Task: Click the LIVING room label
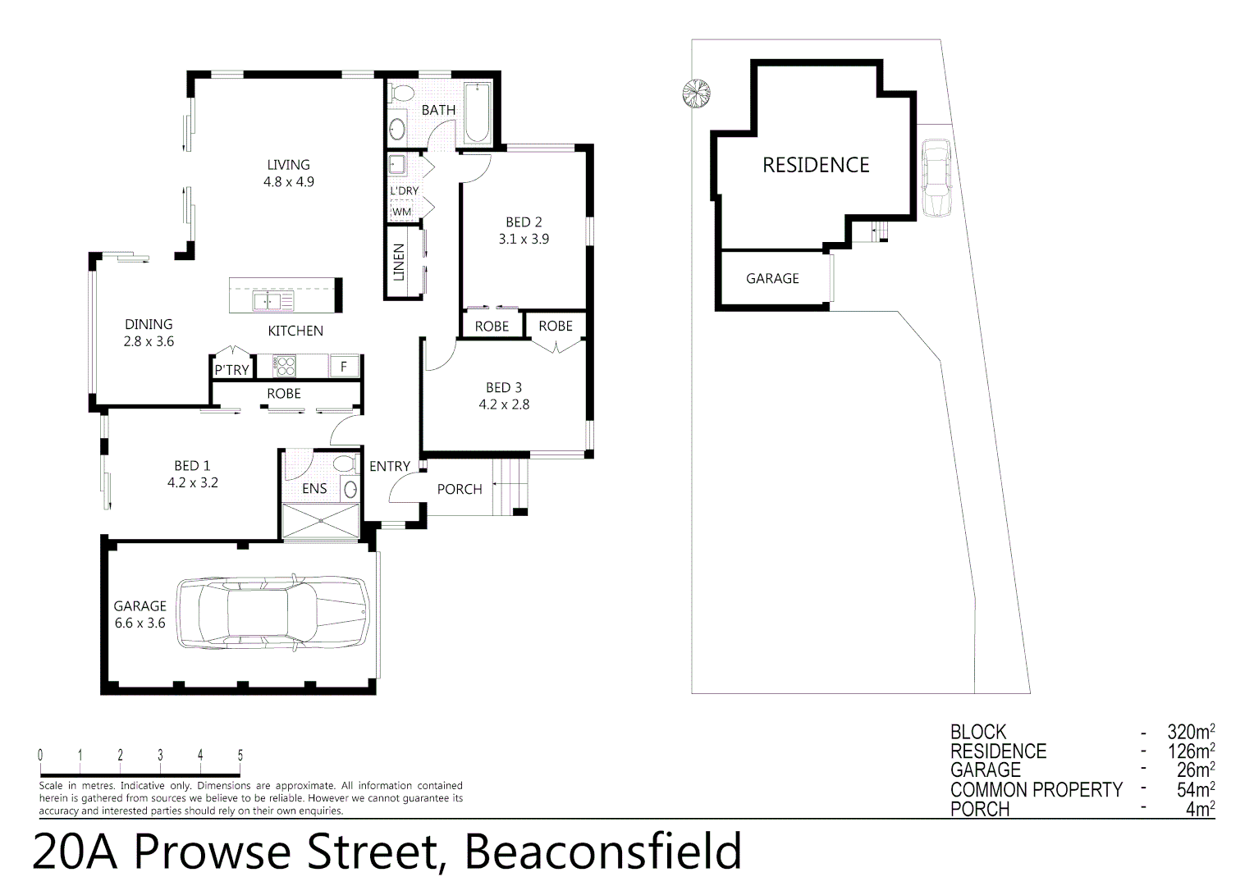[288, 165]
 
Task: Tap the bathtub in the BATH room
[477, 113]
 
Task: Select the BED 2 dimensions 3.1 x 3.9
[524, 240]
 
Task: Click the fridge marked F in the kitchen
[344, 367]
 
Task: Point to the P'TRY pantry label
[231, 370]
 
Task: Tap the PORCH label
[459, 489]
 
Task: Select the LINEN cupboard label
[400, 263]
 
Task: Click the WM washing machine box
[401, 212]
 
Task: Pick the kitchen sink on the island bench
[272, 303]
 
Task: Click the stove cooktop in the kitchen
[284, 366]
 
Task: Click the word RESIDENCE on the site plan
[815, 165]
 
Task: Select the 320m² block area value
[1190, 732]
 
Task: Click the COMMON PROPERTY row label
[1036, 790]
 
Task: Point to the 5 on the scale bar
[240, 756]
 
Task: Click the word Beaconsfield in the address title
[603, 852]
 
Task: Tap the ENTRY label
[389, 466]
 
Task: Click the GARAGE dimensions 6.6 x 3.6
[140, 623]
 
